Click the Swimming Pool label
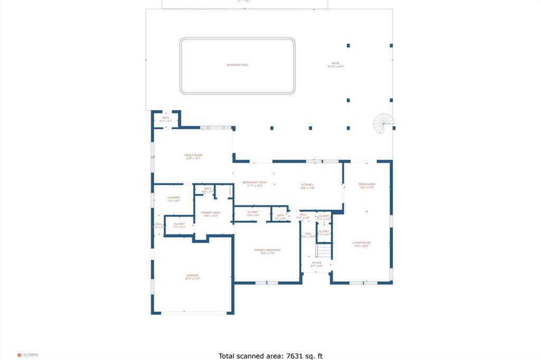click(237, 65)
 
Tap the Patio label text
click(335, 65)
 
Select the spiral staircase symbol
click(384, 124)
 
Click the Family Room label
click(193, 156)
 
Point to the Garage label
click(192, 277)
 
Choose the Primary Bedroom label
click(267, 251)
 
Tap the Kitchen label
click(307, 186)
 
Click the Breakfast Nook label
click(255, 183)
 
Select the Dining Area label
click(367, 185)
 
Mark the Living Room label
click(362, 244)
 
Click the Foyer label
click(316, 263)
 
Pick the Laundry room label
click(174, 199)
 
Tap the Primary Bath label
click(210, 214)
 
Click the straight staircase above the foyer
click(323, 250)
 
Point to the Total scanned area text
click(270, 356)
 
